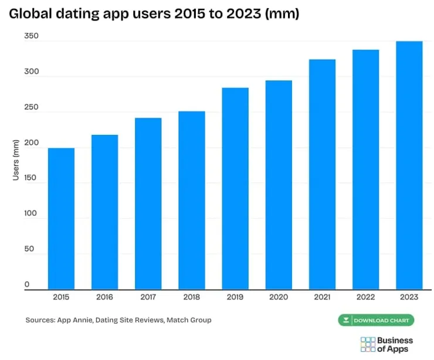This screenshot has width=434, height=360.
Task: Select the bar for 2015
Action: (x=61, y=219)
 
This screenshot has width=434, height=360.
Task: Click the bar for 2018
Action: (x=192, y=201)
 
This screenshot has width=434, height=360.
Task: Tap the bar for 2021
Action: (x=322, y=174)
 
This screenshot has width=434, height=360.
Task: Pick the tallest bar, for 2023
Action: (x=409, y=165)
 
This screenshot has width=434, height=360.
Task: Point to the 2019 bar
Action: (x=235, y=189)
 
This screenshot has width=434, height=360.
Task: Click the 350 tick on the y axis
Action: (x=31, y=36)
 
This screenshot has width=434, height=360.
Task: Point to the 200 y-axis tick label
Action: (x=31, y=143)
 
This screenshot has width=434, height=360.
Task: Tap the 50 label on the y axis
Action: (x=29, y=249)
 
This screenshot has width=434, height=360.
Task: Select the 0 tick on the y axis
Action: (x=27, y=284)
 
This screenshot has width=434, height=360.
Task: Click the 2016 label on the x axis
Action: (x=104, y=297)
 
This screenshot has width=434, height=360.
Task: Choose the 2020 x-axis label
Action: (x=279, y=297)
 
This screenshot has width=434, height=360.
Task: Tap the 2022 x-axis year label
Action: (x=365, y=297)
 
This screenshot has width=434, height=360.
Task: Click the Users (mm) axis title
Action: (x=16, y=160)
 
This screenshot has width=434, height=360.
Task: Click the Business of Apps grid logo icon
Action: (x=368, y=345)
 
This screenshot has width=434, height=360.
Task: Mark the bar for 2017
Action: (x=148, y=203)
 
